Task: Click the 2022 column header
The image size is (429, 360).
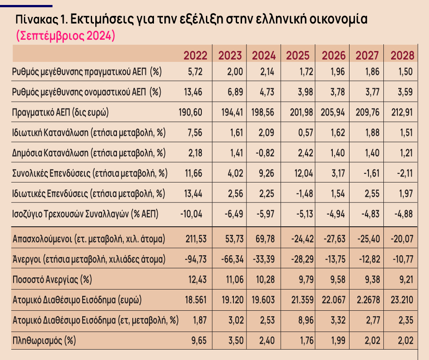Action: point(196,56)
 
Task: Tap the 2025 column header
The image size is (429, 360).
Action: point(298,56)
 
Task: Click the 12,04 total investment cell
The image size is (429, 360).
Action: point(300,173)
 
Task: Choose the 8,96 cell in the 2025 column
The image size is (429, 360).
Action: point(302,320)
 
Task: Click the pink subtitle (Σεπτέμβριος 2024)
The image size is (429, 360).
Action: point(65,36)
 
